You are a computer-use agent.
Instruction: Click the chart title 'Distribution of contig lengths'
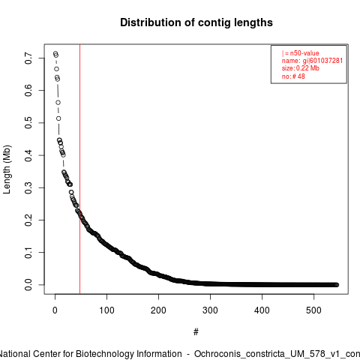point(196,22)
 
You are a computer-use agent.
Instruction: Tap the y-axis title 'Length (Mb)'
point(7,169)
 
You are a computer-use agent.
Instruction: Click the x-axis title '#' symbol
point(196,332)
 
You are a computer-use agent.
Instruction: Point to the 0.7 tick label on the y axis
point(28,58)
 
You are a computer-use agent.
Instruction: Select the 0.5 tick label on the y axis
point(28,122)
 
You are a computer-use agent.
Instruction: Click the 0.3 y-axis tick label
point(28,187)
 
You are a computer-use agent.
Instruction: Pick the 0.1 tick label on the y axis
point(28,252)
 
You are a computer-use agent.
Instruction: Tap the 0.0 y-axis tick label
point(28,285)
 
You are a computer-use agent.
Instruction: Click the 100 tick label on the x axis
point(106,310)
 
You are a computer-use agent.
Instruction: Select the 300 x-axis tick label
point(210,310)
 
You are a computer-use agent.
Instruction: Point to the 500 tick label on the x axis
point(313,310)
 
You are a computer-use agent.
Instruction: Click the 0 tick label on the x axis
point(55,310)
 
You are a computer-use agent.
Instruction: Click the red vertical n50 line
point(79,169)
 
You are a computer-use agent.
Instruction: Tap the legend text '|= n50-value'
point(301,53)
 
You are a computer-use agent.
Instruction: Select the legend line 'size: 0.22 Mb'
point(301,68)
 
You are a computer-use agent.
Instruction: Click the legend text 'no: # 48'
point(293,76)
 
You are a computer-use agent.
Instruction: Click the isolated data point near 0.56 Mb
point(58,103)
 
